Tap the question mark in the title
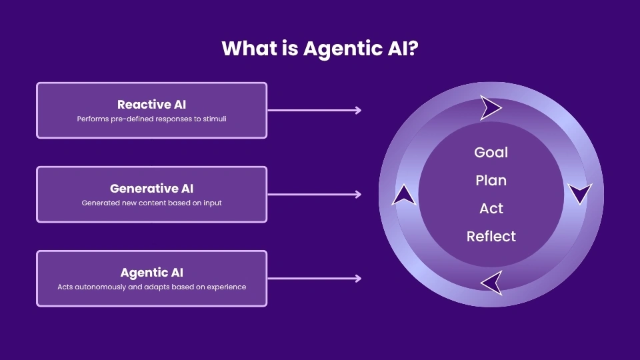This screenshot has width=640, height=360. tap(413, 49)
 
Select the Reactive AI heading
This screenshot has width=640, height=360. tap(151, 105)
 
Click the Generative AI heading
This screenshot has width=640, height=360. tap(151, 189)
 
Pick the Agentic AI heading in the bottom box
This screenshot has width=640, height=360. tap(151, 273)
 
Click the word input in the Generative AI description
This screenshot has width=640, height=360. tap(211, 203)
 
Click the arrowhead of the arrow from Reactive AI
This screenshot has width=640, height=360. tap(359, 110)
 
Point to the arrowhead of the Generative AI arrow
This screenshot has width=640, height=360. tap(359, 195)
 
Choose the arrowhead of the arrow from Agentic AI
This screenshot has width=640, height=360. tap(359, 279)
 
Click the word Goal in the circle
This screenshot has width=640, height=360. tap(491, 153)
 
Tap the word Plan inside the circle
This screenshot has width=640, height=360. tap(491, 181)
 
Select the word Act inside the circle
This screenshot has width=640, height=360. tap(491, 209)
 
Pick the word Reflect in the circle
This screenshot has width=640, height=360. tap(491, 237)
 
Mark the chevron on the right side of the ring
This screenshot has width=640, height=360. tap(579, 193)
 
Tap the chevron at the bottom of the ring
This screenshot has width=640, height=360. tap(492, 282)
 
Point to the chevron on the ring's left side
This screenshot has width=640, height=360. tap(403, 195)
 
